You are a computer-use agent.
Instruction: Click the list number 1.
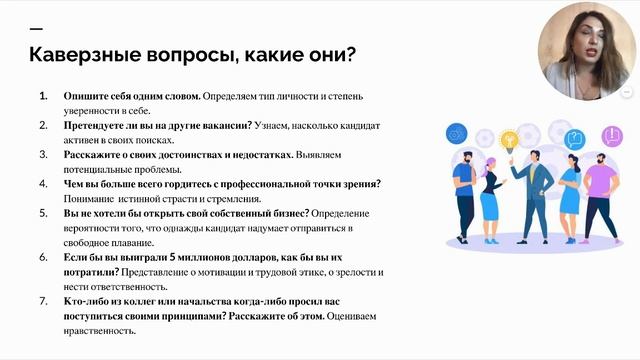pos(43,97)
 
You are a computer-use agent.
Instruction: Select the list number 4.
pos(43,184)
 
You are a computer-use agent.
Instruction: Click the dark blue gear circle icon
pos(455,132)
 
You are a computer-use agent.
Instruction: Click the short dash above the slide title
pos(36,28)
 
